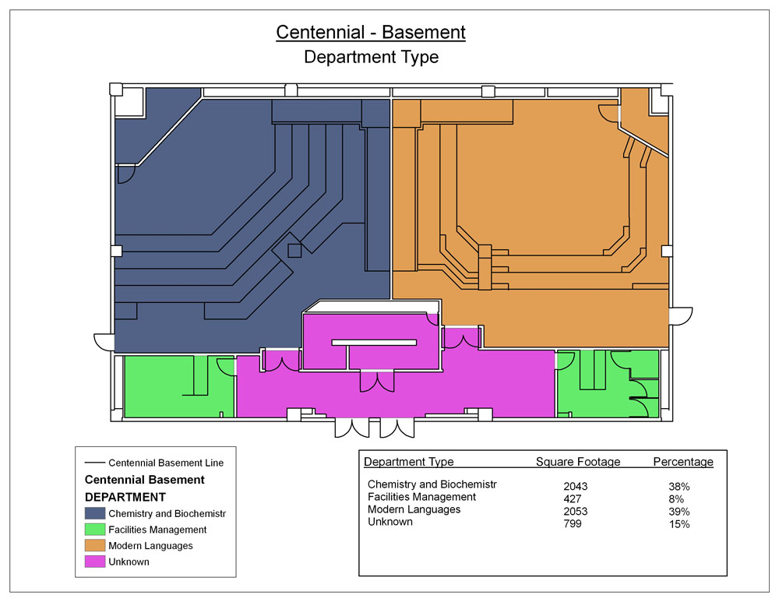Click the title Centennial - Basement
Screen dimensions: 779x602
371,32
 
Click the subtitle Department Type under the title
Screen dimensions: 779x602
371,57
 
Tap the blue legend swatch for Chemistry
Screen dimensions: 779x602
95,513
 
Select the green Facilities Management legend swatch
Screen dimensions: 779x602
95,529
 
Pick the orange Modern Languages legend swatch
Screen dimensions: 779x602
95,545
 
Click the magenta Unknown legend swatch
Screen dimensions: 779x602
95,562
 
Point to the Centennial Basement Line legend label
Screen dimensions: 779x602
166,463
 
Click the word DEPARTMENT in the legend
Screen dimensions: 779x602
125,497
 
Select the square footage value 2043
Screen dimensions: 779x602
576,486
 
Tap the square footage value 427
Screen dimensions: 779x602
573,498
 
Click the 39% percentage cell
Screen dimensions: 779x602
679,512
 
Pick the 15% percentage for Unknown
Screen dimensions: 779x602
679,524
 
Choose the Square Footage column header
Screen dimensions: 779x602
578,462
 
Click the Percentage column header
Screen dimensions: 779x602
683,462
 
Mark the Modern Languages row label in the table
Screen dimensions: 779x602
414,509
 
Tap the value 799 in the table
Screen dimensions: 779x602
573,523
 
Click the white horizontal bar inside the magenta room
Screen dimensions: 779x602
374,342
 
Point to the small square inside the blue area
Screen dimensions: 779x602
294,250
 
